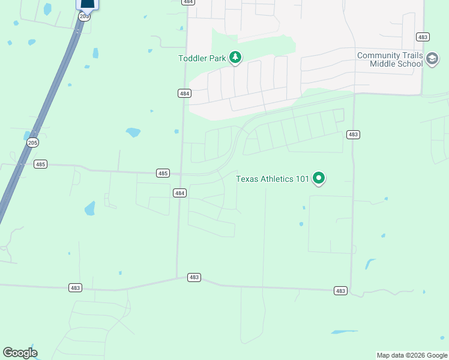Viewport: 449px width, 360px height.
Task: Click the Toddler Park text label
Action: [202, 58]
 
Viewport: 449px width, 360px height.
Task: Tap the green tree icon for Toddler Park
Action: [236, 58]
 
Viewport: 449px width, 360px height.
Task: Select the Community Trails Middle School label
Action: [390, 59]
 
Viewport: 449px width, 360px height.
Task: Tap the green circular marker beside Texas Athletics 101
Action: [319, 178]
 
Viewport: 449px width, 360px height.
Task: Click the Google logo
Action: [20, 353]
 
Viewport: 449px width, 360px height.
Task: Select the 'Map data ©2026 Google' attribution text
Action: [412, 355]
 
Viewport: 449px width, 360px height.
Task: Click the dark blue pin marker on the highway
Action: [87, 4]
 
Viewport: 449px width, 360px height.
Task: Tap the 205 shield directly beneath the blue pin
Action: [84, 16]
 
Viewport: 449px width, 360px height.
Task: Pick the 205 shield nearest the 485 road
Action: [32, 142]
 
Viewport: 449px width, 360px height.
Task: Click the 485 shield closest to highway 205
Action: [40, 164]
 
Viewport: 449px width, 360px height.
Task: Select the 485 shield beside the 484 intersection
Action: [163, 173]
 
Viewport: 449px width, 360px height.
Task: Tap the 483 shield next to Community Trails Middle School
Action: [423, 37]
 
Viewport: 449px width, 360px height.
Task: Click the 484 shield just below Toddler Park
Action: [184, 93]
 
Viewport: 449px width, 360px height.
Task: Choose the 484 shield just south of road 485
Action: [179, 193]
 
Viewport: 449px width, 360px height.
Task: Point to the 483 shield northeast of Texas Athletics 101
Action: [353, 134]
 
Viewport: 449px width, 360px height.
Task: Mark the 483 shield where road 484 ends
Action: [194, 277]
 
